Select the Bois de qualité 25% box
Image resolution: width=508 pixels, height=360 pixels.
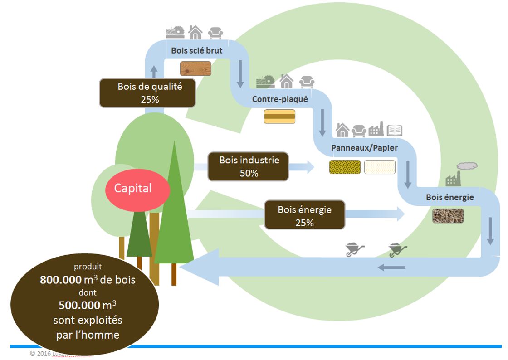pyautogui.click(x=148, y=92)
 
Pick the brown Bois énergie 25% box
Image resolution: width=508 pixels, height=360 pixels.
pyautogui.click(x=304, y=216)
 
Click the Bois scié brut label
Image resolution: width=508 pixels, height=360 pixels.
pyautogui.click(x=196, y=50)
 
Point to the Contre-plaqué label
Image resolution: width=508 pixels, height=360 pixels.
pyautogui.click(x=280, y=99)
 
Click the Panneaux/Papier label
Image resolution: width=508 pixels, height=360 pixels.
pyautogui.click(x=364, y=148)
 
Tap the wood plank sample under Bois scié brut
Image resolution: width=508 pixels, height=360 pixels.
pyautogui.click(x=195, y=68)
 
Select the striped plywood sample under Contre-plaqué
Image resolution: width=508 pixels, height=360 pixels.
pyautogui.click(x=280, y=117)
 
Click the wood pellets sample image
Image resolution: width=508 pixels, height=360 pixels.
pyautogui.click(x=448, y=216)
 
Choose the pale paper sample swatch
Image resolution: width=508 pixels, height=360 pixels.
pyautogui.click(x=380, y=167)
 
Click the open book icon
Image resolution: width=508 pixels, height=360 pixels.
pyautogui.click(x=394, y=131)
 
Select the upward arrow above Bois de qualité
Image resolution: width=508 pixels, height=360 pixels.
pyautogui.click(x=154, y=71)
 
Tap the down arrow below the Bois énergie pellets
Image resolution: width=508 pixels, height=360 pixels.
pyautogui.click(x=490, y=232)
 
